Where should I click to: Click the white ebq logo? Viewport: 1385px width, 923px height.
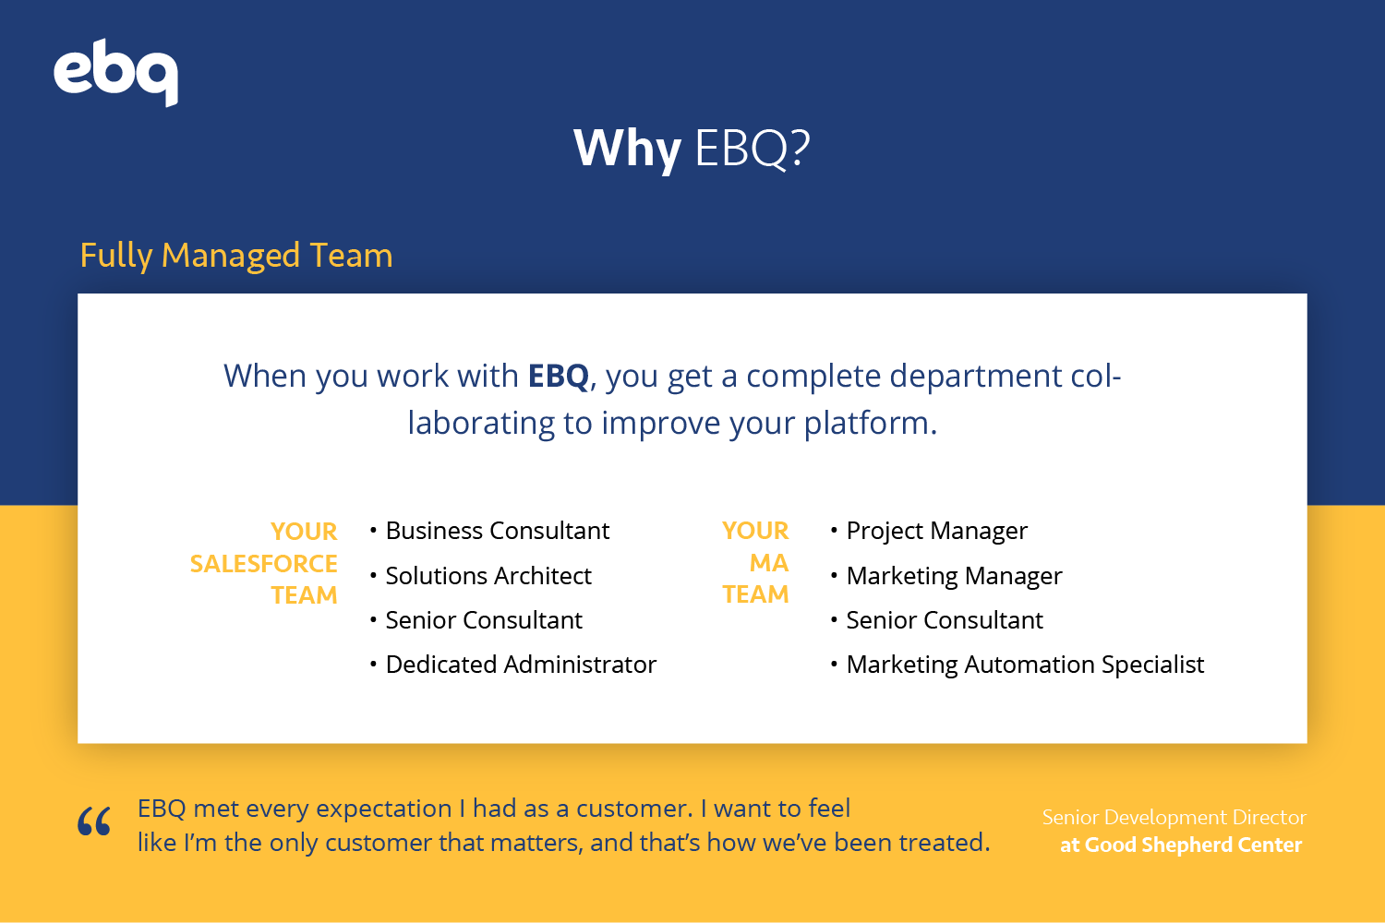(116, 72)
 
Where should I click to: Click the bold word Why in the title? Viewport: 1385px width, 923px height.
(627, 150)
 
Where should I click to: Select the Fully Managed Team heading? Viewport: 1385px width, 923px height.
(236, 256)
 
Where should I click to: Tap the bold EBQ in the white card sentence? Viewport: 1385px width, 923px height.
(558, 376)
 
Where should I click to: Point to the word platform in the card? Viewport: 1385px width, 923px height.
(871, 424)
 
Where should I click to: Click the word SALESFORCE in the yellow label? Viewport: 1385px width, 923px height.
(263, 564)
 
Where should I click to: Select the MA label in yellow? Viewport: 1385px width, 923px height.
(768, 563)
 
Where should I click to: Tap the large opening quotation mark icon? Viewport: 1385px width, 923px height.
(94, 821)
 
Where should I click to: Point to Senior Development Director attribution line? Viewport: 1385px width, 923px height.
(1174, 817)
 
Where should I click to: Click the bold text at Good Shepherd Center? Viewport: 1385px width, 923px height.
(1181, 845)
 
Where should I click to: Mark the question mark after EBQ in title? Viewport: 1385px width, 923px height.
(800, 149)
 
